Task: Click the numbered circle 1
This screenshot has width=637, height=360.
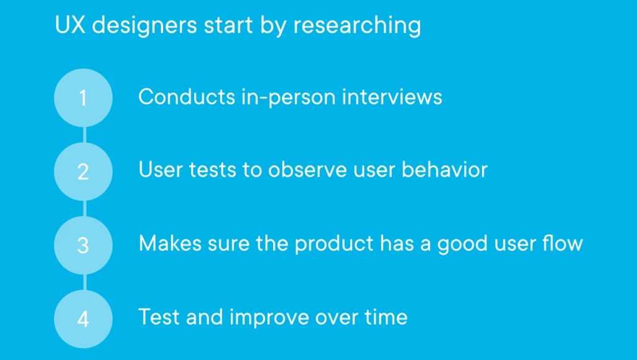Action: [x=83, y=98]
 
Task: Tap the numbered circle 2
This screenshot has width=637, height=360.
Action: [x=83, y=172]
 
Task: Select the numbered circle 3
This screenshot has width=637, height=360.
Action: [x=83, y=245]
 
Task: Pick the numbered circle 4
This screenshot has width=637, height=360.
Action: [x=83, y=319]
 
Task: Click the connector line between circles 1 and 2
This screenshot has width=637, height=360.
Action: [x=85, y=135]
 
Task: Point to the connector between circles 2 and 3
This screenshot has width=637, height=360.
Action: [x=85, y=209]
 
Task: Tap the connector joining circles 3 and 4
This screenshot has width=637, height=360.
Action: [x=85, y=282]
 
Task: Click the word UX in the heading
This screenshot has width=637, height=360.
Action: [x=70, y=25]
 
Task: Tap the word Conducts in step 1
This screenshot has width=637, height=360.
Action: [x=187, y=98]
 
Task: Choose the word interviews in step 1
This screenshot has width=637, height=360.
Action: [x=392, y=98]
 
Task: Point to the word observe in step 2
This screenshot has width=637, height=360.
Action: [x=307, y=170]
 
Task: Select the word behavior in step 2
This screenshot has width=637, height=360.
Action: [x=444, y=170]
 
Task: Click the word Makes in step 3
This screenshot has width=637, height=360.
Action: [x=170, y=244]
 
